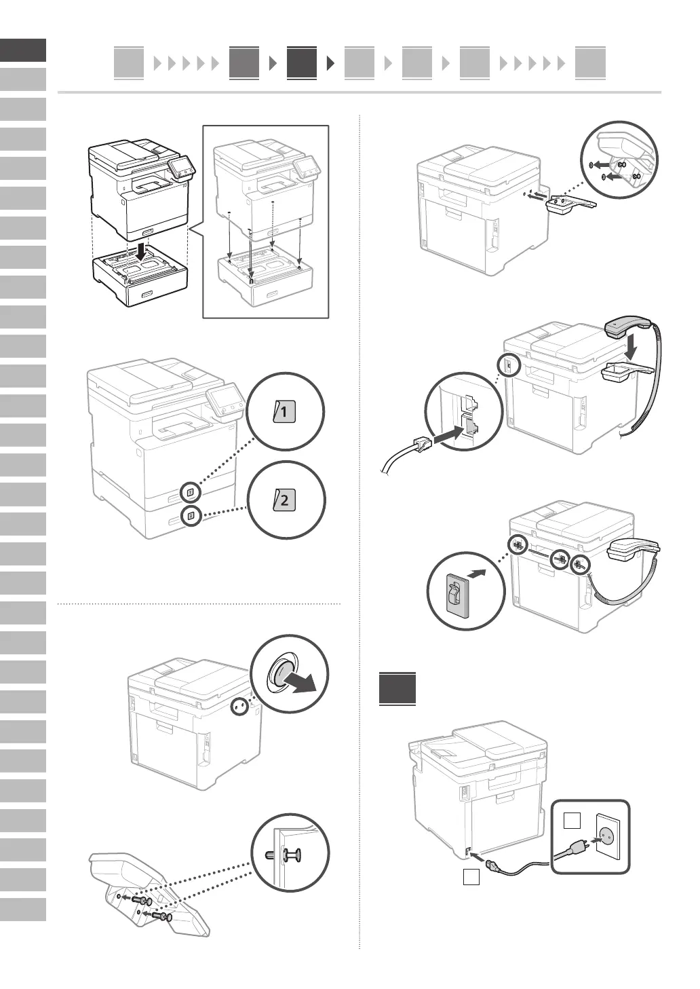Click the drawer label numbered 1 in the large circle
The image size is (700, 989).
(284, 411)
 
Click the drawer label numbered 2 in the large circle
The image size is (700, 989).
(284, 502)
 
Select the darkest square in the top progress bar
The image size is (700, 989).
(301, 63)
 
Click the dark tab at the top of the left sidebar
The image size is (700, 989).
(23, 50)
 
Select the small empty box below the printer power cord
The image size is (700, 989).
(471, 877)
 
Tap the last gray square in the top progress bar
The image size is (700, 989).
(589, 63)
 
